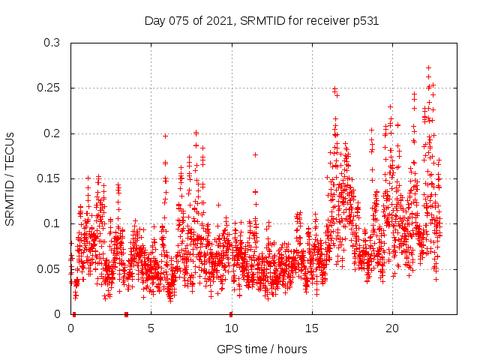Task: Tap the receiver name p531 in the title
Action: (x=365, y=21)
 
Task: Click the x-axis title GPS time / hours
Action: (x=262, y=349)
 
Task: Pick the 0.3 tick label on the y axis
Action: (x=52, y=43)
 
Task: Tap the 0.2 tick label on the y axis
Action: (x=52, y=133)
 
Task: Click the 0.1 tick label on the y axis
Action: (x=52, y=223)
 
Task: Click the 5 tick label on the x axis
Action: (x=151, y=328)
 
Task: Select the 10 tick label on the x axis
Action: (x=231, y=328)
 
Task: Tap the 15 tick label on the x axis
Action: (x=311, y=328)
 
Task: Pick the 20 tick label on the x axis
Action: (x=391, y=328)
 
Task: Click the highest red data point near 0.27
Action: (x=428, y=67)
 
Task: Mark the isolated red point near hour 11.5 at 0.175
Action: (x=255, y=154)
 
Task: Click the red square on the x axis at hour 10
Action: (x=231, y=314)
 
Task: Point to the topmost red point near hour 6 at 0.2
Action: (x=166, y=136)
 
